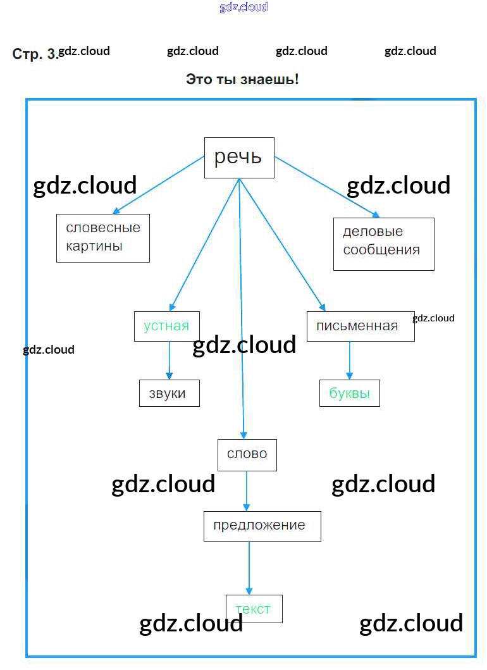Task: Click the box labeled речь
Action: click(238, 158)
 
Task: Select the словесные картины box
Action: click(103, 237)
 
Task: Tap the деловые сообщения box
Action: click(383, 244)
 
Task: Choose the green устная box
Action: click(166, 326)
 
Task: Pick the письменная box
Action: click(360, 326)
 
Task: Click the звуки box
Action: click(169, 394)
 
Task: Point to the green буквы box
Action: click(349, 394)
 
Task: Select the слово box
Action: click(247, 454)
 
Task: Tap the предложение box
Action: click(262, 526)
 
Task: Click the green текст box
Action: click(254, 609)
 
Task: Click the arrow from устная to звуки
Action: click(169, 361)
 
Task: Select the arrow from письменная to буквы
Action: click(350, 361)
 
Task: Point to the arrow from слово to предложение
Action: click(247, 491)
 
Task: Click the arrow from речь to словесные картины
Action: click(158, 185)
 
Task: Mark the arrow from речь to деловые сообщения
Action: click(326, 187)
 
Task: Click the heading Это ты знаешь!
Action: click(242, 80)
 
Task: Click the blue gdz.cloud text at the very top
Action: click(244, 7)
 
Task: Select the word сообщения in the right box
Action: click(381, 250)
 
